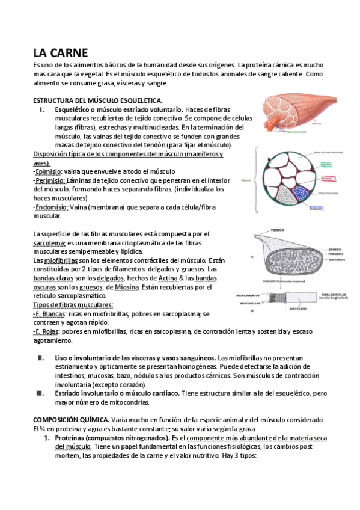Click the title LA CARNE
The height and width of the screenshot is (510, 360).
[61, 53]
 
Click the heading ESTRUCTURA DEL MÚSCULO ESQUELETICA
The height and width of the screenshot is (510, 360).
[97, 100]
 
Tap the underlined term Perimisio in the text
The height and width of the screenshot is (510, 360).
[50, 180]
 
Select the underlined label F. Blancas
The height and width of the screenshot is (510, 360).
[50, 314]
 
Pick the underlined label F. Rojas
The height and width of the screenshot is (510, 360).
[47, 331]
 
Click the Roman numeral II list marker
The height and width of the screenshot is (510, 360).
[41, 357]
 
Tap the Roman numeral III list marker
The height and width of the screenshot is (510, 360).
[41, 393]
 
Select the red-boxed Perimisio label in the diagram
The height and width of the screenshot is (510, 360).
[327, 179]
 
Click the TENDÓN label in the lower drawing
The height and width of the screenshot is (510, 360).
[277, 230]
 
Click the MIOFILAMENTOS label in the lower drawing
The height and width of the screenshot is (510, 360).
[251, 296]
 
